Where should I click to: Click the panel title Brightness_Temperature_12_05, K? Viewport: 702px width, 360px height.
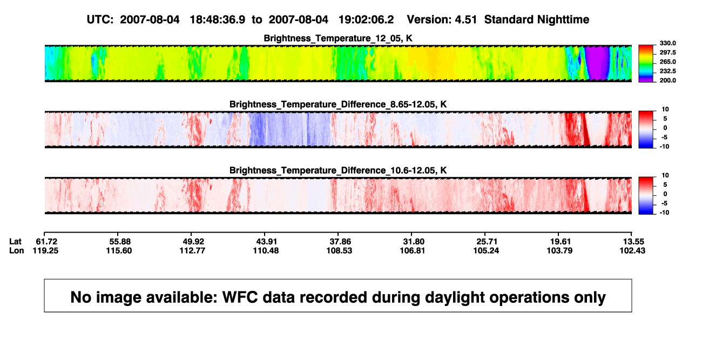point(338,38)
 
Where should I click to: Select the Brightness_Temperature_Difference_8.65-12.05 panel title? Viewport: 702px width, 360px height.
point(338,104)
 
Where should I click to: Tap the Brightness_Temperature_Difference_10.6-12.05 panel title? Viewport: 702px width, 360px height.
point(338,171)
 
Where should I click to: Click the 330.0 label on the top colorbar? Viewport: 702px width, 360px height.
point(667,43)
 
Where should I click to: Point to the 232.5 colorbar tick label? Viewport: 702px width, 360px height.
point(667,71)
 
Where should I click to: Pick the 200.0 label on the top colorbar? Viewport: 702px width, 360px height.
point(667,80)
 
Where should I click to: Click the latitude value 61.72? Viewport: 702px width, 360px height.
point(46,242)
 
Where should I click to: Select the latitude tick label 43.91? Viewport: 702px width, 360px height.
point(266,242)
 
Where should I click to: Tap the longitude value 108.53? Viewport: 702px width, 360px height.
point(339,250)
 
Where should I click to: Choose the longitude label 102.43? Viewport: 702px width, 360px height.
point(632,250)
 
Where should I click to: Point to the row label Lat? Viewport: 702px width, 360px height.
point(15,242)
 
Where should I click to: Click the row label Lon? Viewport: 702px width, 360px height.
point(17,250)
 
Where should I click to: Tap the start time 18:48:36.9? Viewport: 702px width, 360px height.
point(218,20)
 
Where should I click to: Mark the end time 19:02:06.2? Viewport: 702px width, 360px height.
point(366,20)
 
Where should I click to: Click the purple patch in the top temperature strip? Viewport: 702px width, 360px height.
point(597,63)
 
